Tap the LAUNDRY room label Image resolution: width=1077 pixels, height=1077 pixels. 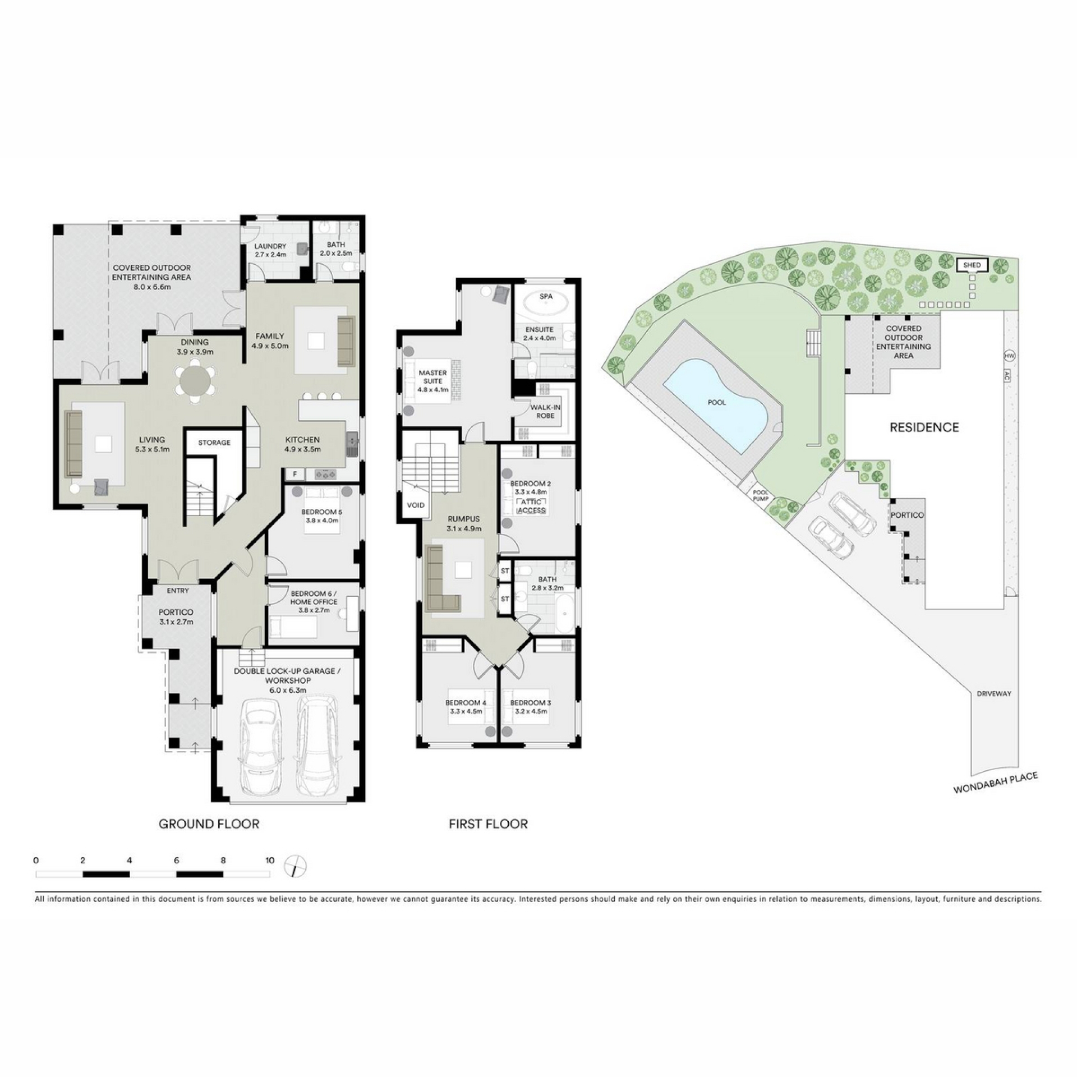270,246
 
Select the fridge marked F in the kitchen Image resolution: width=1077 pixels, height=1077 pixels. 295,475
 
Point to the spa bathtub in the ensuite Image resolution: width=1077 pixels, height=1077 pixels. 546,305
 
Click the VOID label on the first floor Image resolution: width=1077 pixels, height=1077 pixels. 416,505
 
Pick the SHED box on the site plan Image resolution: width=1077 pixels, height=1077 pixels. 972,265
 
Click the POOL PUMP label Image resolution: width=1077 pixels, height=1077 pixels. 760,495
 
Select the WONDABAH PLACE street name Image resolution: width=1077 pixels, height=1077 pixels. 996,783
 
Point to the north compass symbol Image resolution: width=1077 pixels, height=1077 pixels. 296,866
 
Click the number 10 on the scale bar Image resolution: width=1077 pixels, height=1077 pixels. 270,860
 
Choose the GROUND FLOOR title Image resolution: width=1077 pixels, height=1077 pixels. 209,824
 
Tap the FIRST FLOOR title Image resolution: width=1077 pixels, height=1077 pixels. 488,824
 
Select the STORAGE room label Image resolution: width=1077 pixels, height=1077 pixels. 214,443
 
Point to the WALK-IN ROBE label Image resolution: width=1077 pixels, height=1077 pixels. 545,412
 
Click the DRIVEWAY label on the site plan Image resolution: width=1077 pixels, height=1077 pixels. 994,693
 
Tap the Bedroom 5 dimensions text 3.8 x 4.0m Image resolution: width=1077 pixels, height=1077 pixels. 322,521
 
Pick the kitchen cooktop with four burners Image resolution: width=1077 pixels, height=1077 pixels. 325,475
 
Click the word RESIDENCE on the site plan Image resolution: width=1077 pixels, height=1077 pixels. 924,427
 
